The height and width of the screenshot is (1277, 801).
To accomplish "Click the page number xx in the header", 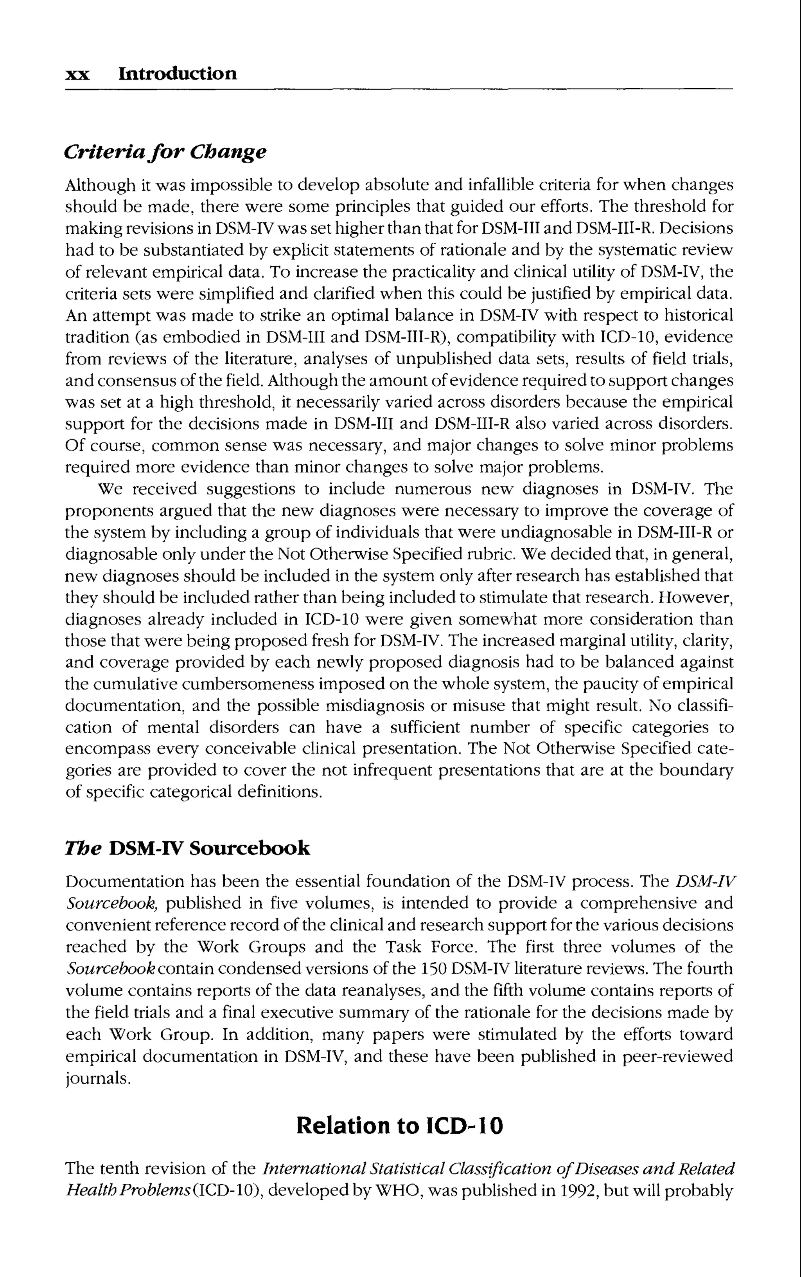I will click(x=77, y=75).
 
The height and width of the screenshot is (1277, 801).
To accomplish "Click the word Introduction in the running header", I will click(x=178, y=73).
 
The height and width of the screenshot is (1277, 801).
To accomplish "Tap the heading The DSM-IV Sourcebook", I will click(x=187, y=848).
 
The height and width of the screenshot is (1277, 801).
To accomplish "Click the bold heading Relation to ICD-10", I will click(x=399, y=1125).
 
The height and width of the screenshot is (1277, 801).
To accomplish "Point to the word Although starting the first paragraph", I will click(x=100, y=186).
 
